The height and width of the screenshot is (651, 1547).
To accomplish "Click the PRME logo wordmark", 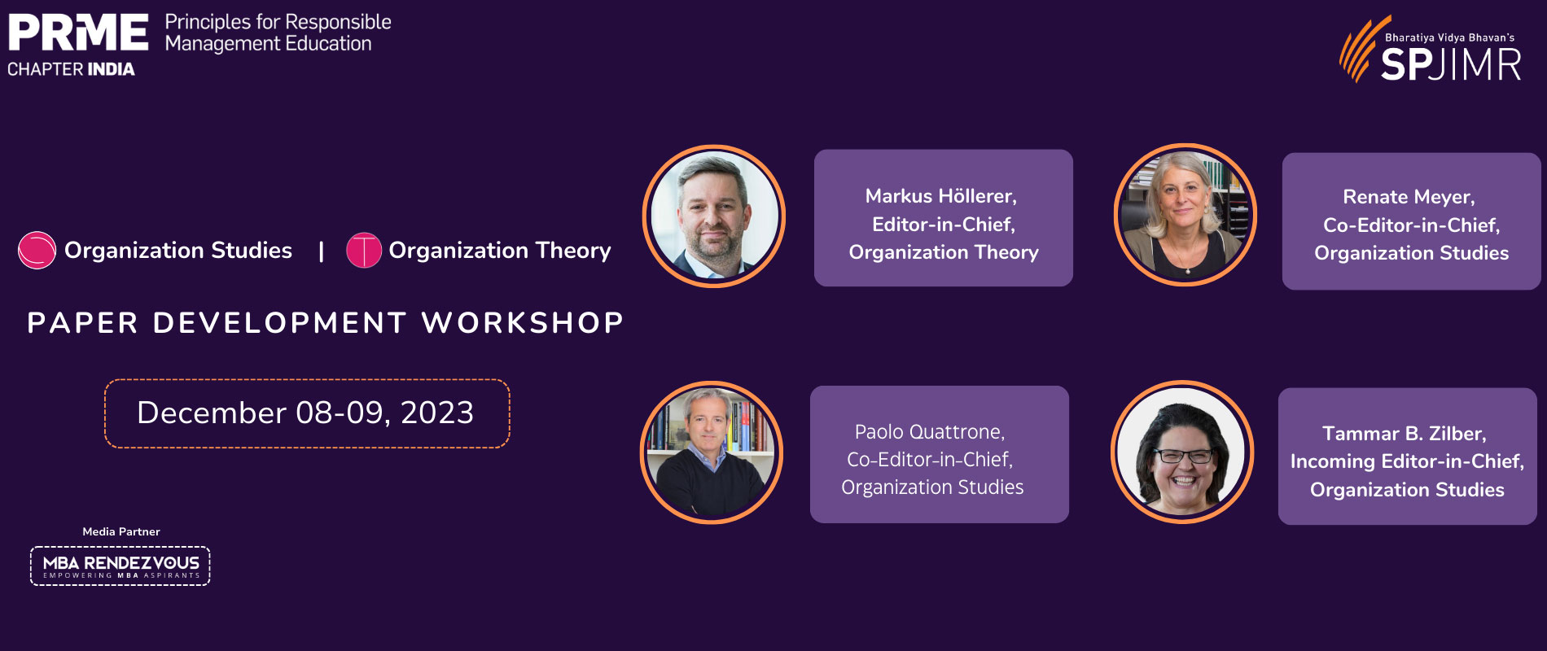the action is click(78, 32).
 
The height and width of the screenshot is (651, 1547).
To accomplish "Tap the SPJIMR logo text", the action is click(1451, 64).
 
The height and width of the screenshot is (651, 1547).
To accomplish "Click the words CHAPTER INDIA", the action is click(71, 69).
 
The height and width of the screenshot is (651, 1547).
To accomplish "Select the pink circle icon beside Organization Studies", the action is click(37, 250).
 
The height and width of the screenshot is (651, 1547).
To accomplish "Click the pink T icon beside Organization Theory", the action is click(364, 250).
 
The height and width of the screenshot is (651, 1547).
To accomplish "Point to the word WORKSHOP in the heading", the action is click(523, 323).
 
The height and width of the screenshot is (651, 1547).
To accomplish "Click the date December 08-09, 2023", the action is click(305, 413).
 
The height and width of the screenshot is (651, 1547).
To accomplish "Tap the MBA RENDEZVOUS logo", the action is click(121, 566).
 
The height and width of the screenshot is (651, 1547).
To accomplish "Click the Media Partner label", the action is click(121, 531).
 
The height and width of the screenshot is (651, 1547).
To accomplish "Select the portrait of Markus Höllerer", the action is click(714, 216).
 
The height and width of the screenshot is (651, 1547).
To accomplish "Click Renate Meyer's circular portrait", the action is click(1185, 215).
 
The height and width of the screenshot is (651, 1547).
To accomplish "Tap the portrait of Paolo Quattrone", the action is click(712, 452).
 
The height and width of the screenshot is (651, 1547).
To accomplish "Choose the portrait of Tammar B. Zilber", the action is click(1182, 452).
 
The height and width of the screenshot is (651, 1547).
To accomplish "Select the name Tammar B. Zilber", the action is click(1402, 434).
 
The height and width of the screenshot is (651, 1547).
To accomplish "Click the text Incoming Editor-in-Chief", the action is click(1405, 461).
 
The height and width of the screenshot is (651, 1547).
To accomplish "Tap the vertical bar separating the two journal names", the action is click(322, 251).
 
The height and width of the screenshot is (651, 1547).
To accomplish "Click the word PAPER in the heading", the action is click(83, 323).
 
